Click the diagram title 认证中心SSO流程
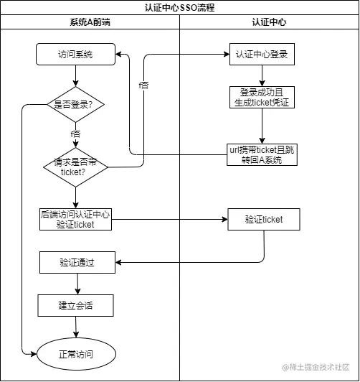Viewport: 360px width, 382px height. (179, 8)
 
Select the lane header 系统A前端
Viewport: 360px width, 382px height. (89, 22)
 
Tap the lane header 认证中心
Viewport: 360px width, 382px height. (269, 22)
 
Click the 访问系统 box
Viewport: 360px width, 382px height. (75, 54)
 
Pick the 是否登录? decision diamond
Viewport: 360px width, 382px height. (75, 104)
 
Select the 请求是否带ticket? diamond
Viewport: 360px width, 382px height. (75, 167)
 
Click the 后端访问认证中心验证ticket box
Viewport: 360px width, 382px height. (75, 219)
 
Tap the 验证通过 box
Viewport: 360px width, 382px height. (75, 263)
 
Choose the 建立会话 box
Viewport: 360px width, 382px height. (75, 306)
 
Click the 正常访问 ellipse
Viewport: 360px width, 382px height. (75, 354)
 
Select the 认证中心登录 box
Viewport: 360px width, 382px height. (264, 54)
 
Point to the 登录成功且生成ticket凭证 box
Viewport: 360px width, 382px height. (262, 97)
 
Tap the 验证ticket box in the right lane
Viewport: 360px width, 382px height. (264, 219)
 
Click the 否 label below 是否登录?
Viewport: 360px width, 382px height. (75, 134)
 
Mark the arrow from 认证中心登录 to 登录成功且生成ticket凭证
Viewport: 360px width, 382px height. (263, 75)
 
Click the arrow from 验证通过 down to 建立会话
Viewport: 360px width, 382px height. (75, 284)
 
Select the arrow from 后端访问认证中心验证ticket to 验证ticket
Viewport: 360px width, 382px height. (169, 219)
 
